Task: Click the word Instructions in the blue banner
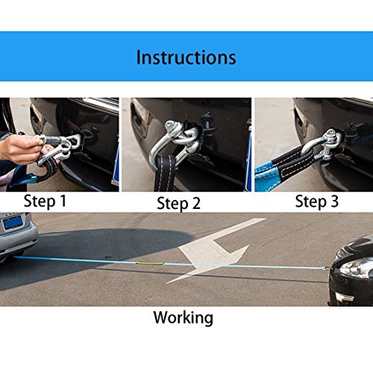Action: tap(186, 57)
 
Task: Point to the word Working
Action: tap(183, 317)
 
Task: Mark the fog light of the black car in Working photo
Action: tap(345, 297)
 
